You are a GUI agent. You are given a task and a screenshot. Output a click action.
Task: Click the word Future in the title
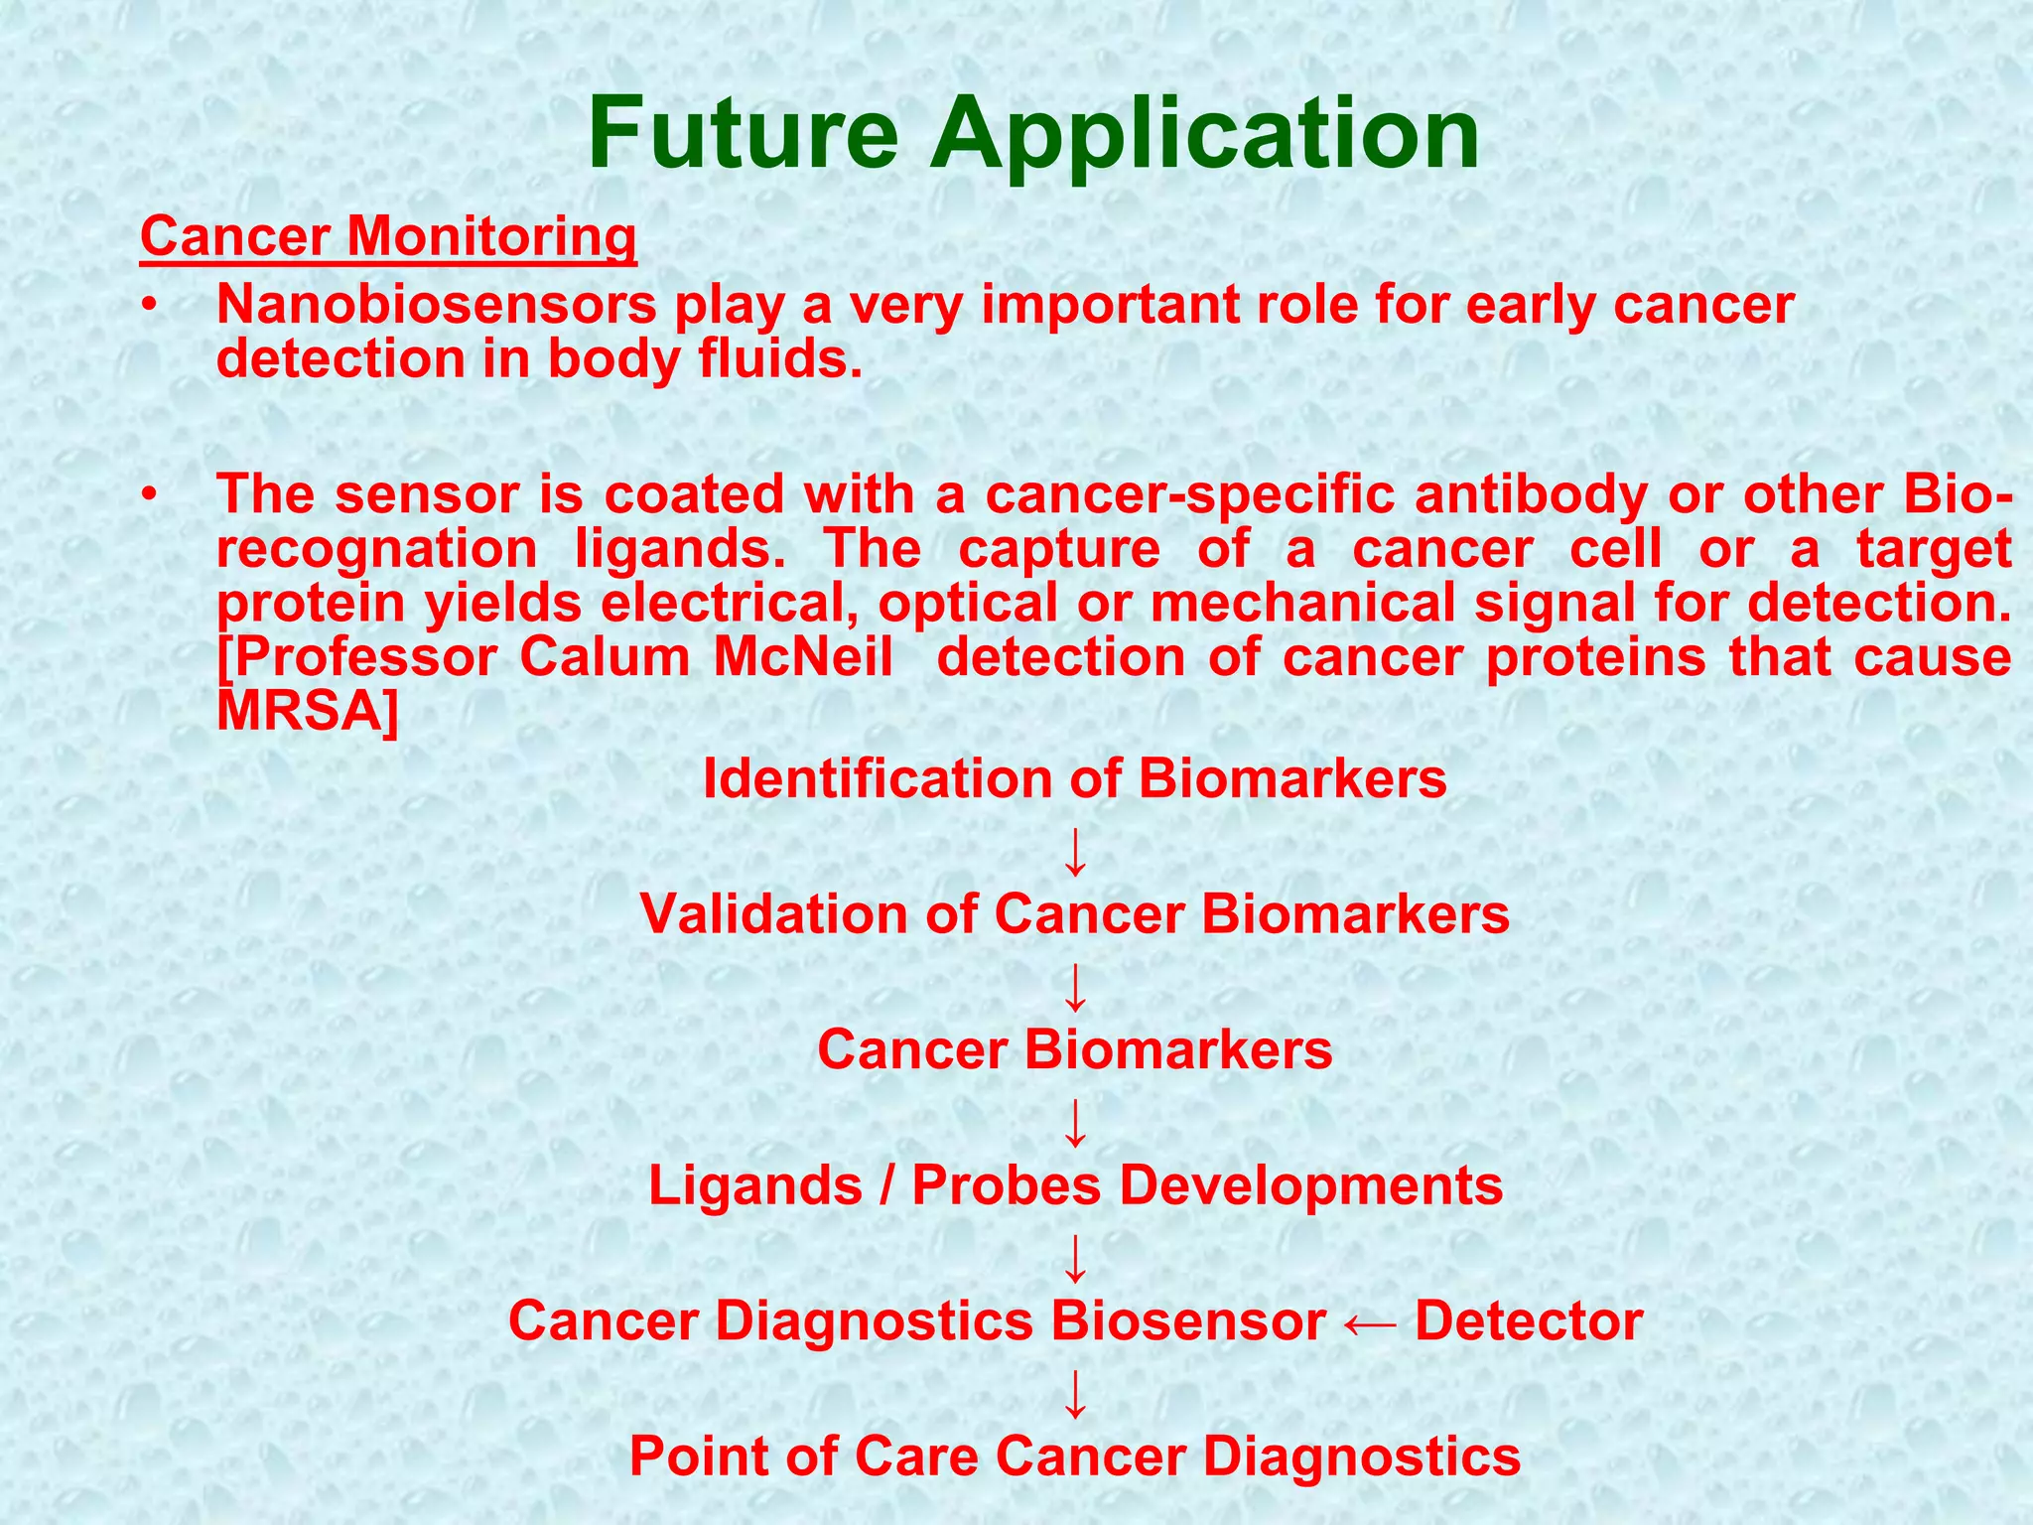743,134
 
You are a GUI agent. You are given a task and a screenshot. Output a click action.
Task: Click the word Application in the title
1204,134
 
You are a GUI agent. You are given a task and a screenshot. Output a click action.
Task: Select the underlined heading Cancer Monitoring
388,237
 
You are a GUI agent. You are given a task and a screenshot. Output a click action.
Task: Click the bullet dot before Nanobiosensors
149,306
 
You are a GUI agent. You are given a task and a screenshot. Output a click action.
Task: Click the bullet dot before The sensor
149,494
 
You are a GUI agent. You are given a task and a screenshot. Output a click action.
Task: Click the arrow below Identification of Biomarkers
1075,852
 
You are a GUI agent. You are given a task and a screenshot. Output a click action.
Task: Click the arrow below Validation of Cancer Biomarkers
1075,987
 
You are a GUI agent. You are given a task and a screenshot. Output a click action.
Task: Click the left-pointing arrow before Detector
1370,1322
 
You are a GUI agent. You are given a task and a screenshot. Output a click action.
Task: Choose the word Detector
1528,1321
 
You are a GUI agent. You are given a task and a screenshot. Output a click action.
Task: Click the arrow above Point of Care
1075,1394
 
